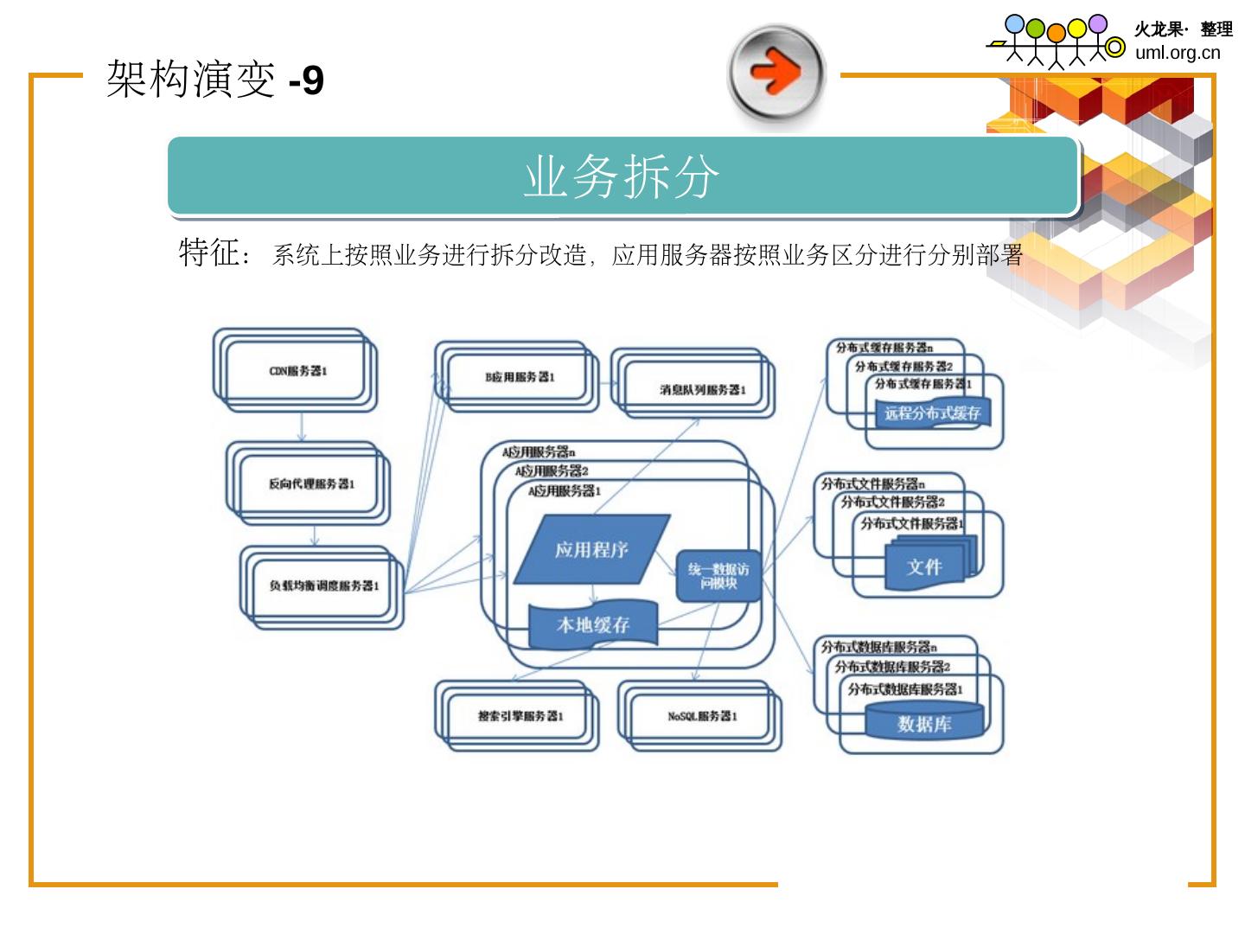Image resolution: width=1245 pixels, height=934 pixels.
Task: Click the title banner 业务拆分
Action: pyautogui.click(x=622, y=176)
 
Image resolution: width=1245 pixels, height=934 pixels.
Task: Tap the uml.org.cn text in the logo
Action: pyautogui.click(x=1178, y=53)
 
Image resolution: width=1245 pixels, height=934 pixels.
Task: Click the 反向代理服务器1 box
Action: pyautogui.click(x=310, y=484)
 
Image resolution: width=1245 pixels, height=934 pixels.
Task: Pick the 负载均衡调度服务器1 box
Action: pyautogui.click(x=323, y=586)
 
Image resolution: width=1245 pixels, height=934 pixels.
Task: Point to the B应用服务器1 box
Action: pyautogui.click(x=519, y=377)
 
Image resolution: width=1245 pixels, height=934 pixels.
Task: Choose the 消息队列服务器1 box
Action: pyautogui.click(x=701, y=390)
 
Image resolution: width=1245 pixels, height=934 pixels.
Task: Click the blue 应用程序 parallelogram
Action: pyautogui.click(x=591, y=549)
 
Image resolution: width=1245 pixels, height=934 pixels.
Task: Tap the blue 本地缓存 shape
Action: pyautogui.click(x=593, y=624)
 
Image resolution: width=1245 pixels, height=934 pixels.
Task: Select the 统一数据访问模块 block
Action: pyautogui.click(x=718, y=576)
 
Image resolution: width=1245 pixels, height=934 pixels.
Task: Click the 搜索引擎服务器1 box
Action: pyautogui.click(x=520, y=716)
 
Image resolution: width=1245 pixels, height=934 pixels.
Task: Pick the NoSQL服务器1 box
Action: pyautogui.click(x=702, y=716)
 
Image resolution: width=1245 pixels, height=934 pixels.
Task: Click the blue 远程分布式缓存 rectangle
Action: pyautogui.click(x=932, y=413)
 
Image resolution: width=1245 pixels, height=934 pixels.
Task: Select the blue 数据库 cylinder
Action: pyautogui.click(x=924, y=722)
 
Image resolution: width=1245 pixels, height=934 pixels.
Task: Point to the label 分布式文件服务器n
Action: pyautogui.click(x=872, y=483)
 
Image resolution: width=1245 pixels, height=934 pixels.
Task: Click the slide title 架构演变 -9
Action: pyautogui.click(x=214, y=80)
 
